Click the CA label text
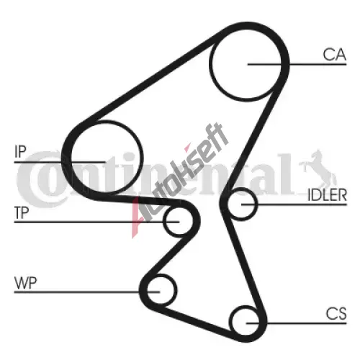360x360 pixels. (334, 55)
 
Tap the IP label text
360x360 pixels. (20, 151)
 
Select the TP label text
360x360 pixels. (22, 212)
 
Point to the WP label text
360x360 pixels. (26, 283)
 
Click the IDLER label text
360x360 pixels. (327, 194)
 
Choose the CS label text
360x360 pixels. (336, 313)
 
